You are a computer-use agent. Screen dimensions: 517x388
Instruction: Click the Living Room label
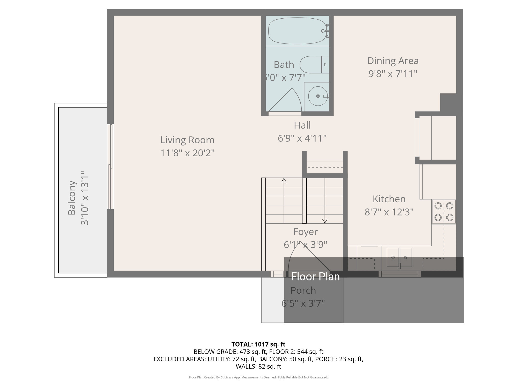click(x=187, y=140)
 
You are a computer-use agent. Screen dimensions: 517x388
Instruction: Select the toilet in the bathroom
click(x=314, y=64)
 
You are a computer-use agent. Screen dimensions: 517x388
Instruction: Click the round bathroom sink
click(x=318, y=96)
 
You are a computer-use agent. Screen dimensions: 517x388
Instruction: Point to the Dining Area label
click(x=393, y=61)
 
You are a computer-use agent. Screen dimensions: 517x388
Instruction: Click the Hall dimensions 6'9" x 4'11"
click(x=302, y=138)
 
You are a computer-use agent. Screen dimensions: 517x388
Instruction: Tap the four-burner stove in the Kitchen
click(x=444, y=212)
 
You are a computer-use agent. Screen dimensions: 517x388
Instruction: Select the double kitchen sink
click(x=399, y=258)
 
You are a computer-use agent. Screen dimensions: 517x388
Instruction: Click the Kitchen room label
click(x=389, y=199)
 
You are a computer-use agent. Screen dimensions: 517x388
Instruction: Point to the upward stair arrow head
click(x=284, y=180)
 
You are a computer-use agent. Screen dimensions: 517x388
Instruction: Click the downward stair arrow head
click(x=325, y=221)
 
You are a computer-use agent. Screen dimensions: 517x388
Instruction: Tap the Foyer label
click(x=306, y=232)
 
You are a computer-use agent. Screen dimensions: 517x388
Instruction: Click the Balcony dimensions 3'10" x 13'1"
click(x=85, y=198)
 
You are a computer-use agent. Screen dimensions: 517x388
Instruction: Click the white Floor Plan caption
click(x=315, y=277)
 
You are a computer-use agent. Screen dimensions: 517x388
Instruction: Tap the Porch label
click(x=303, y=290)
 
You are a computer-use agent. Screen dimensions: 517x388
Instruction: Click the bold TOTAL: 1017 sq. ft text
click(x=258, y=344)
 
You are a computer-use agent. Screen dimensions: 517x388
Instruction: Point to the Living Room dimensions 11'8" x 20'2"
click(x=187, y=153)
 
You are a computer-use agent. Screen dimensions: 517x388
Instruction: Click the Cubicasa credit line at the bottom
click(x=258, y=377)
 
